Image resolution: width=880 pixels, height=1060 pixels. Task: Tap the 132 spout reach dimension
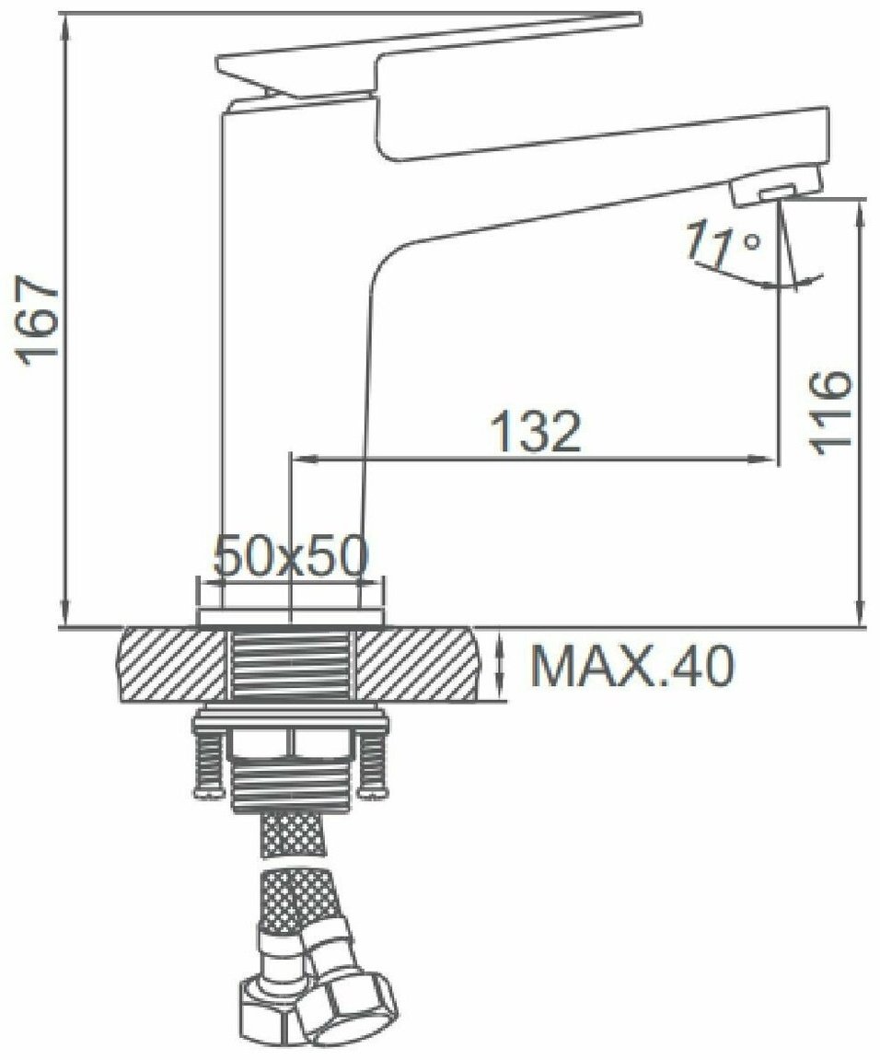click(x=535, y=431)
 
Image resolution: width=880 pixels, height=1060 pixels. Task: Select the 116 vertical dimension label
click(x=829, y=412)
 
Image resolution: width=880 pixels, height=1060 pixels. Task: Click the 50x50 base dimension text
click(x=291, y=556)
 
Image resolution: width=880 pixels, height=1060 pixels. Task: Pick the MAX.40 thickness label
click(x=632, y=666)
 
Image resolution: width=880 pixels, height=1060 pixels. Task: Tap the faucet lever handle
click(x=428, y=54)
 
